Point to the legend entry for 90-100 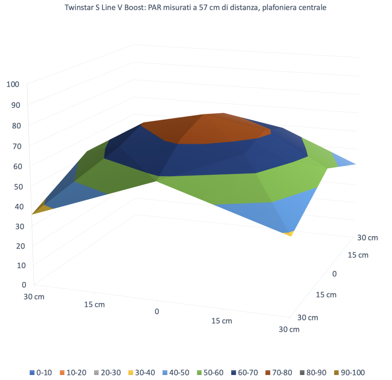pos(349,372)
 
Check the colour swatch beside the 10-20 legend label pos(62,372)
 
